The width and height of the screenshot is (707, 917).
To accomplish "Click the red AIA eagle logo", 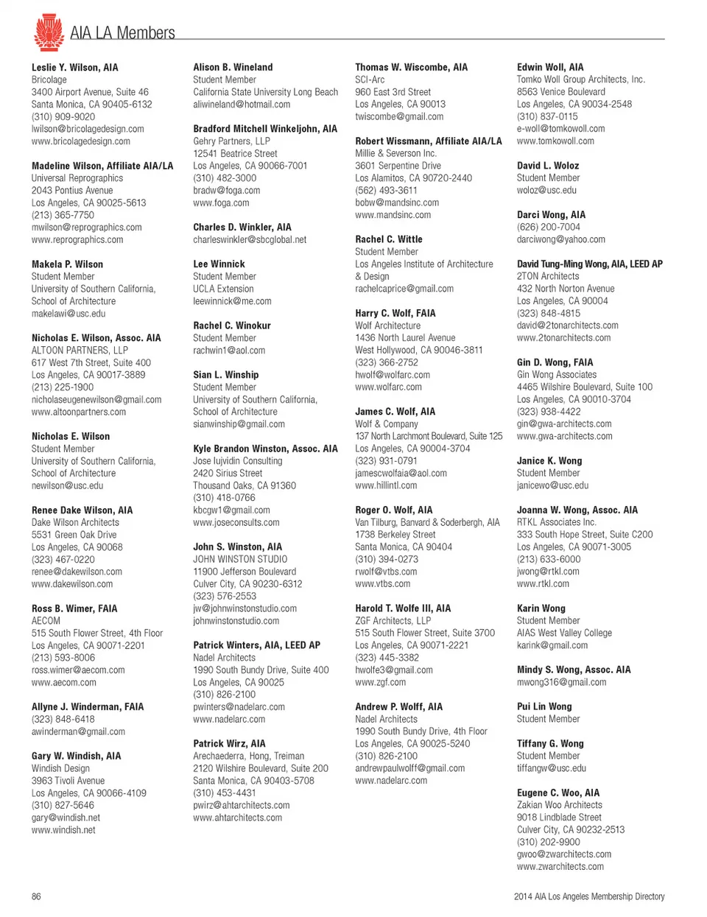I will click(x=48, y=32).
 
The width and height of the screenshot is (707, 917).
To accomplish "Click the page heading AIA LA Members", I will click(x=122, y=33).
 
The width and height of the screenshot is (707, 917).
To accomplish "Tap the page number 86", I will click(x=36, y=896).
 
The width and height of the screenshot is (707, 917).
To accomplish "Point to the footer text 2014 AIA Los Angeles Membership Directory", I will click(x=589, y=896).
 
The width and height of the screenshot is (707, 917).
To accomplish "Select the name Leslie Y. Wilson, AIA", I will click(x=74, y=67).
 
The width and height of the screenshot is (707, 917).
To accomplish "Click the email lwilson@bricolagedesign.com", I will click(x=88, y=129).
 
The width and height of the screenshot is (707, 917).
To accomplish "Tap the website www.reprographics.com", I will click(x=77, y=239).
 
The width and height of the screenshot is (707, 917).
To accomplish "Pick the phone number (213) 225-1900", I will click(x=63, y=387).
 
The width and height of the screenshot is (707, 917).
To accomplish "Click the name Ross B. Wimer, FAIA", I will click(x=74, y=608).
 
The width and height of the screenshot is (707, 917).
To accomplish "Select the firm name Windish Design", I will click(x=61, y=768).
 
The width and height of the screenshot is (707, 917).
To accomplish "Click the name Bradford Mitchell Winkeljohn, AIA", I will click(x=265, y=129).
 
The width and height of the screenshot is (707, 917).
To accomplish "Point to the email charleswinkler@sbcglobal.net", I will click(x=250, y=239).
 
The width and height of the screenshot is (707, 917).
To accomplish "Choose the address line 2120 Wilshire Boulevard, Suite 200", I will click(x=261, y=768).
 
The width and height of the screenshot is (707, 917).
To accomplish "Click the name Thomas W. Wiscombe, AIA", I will click(x=411, y=67).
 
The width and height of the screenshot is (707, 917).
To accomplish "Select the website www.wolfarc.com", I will click(x=388, y=387).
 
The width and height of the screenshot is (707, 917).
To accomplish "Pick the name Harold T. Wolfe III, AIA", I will click(x=403, y=608).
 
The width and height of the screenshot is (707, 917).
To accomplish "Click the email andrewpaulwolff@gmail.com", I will click(x=409, y=768).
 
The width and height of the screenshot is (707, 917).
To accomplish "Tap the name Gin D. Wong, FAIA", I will click(x=555, y=362).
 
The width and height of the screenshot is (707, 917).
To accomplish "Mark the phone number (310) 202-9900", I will click(x=548, y=842).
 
